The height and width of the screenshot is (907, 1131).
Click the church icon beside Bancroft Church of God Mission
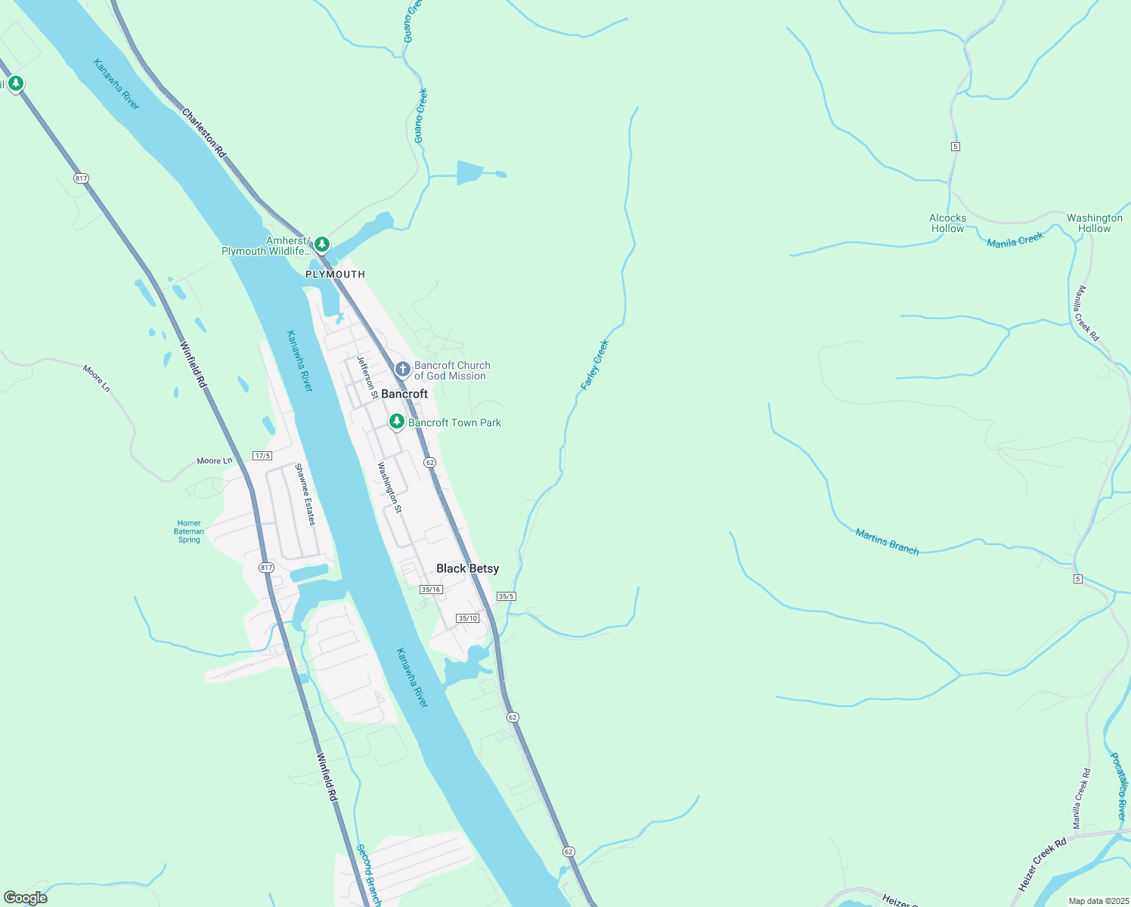coord(403,370)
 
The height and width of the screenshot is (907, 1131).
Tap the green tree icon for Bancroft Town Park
coord(396,422)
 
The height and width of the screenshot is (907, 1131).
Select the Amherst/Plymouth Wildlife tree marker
coord(322,244)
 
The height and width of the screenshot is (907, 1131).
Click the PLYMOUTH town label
coord(335,274)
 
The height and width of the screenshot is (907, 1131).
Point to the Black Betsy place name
coord(467,568)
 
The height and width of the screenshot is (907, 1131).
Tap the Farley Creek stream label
coord(594,365)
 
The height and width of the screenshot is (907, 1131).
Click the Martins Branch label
coord(887,542)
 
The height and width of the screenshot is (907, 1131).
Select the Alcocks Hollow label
coord(947,223)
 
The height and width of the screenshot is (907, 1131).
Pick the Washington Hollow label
coord(1094,223)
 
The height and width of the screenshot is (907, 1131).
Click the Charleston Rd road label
coord(203,133)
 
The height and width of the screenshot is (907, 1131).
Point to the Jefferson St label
coord(367,377)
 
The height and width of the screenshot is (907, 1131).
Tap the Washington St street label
coord(390,488)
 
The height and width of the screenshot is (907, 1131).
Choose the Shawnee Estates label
coord(305,494)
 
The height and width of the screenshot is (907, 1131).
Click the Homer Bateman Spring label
coord(189,531)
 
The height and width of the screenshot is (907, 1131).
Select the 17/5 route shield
coord(262,456)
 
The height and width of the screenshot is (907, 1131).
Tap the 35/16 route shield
coord(431,590)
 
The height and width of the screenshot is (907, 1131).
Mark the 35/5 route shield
coord(506,596)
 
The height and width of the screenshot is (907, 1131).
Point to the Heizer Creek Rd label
coord(1042,864)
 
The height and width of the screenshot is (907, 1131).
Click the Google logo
coord(26,898)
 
